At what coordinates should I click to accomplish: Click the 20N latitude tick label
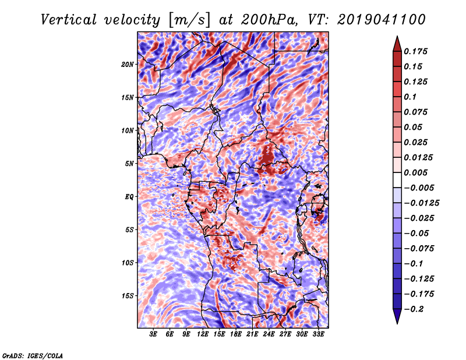pos(128,65)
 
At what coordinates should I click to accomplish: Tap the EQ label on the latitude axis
pos(129,197)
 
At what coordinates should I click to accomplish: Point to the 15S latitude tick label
pos(128,296)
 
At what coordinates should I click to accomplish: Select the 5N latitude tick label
pos(129,164)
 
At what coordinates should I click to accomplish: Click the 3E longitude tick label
pos(153,334)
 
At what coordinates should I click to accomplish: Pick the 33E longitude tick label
pos(318,334)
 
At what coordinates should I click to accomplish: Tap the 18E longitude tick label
pos(236,334)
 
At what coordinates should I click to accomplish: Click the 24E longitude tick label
pos(269,334)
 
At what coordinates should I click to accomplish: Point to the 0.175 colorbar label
pos(415,51)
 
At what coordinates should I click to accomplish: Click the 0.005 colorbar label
pos(415,172)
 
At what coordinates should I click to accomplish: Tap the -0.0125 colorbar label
pos(421,203)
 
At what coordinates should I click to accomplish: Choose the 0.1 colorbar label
pos(410,97)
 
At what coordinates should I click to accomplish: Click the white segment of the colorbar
pos(397,180)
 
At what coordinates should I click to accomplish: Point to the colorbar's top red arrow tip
pos(397,36)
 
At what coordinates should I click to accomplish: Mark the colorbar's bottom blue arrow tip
pos(397,323)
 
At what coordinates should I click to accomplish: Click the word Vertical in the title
pos(68,20)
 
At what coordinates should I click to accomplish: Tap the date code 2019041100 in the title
pos(382,20)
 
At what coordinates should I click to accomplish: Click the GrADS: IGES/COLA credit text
pos(33,356)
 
